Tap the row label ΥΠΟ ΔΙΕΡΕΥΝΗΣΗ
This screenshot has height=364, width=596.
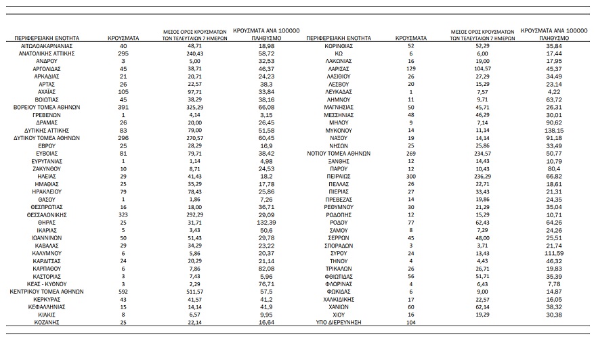tap(339, 323)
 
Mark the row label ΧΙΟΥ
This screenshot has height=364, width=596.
tap(339, 315)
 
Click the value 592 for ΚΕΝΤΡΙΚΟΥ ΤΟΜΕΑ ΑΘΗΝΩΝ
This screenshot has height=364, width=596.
tap(123, 291)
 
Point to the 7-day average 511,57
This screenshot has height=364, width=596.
tap(194, 291)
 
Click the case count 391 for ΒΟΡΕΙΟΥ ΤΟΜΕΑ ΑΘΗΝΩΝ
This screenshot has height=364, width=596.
tap(123, 106)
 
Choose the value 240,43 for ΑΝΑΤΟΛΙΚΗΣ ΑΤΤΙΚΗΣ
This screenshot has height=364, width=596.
tap(194, 52)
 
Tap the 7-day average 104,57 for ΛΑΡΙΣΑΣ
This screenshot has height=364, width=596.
tap(483, 68)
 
